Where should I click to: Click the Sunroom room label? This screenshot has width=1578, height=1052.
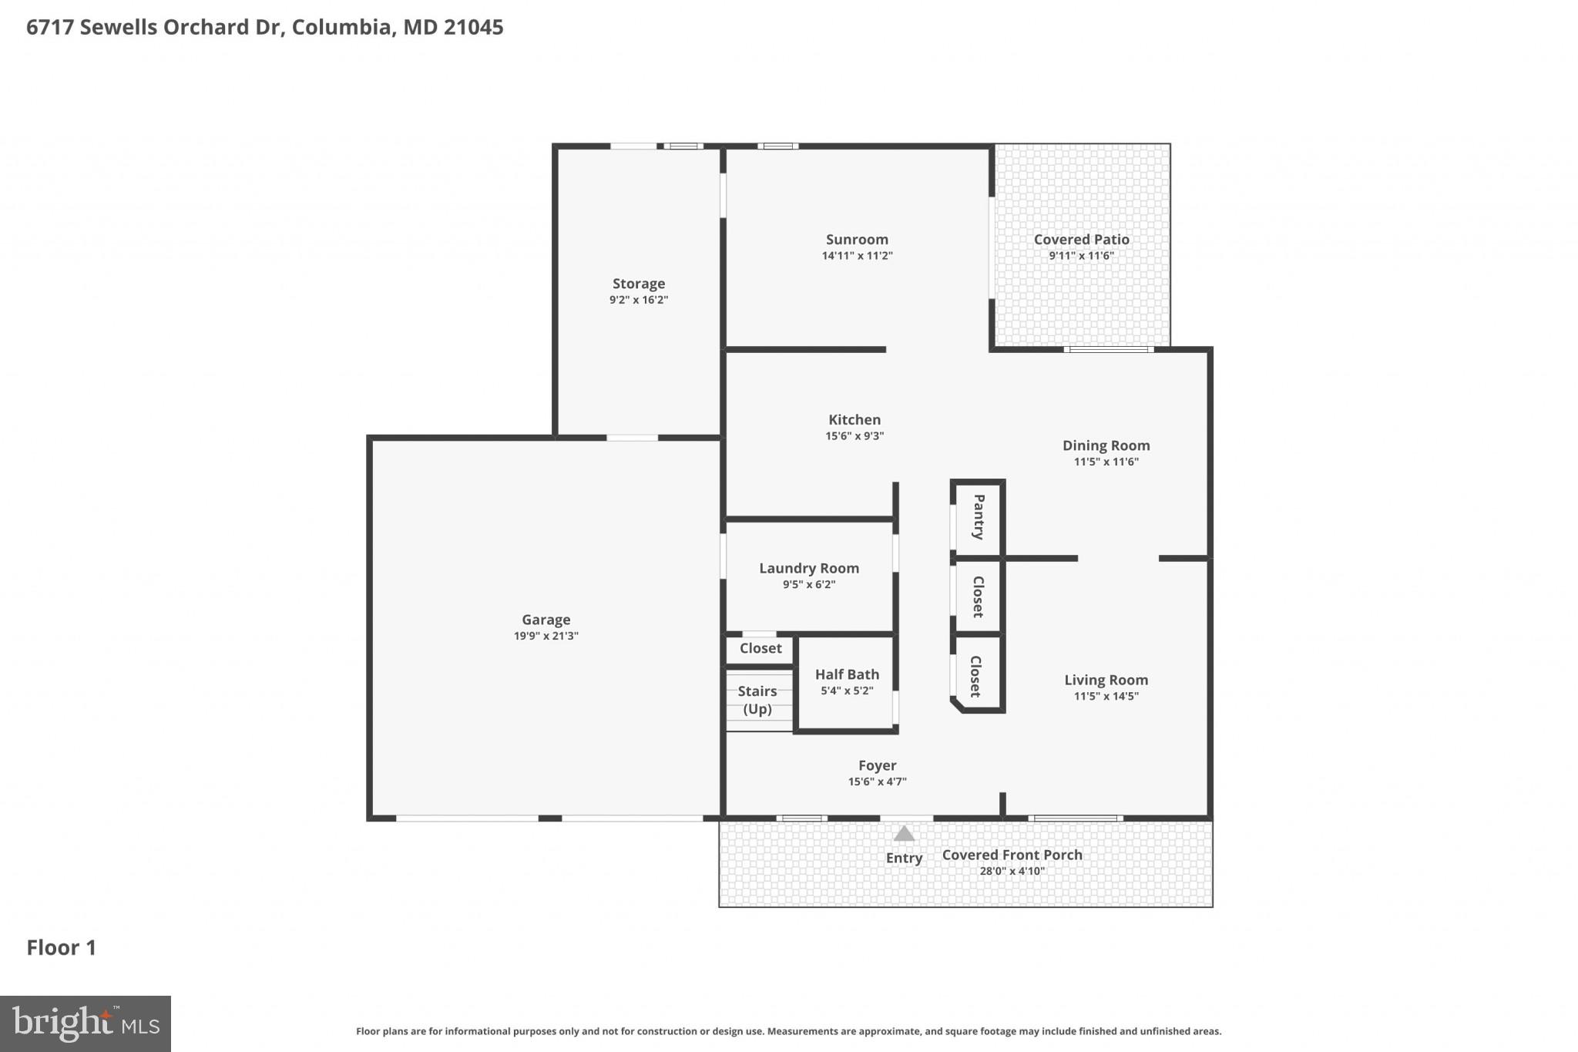[857, 240]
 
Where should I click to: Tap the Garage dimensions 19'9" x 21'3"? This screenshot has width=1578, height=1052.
[546, 636]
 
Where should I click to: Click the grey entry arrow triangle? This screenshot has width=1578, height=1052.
[904, 834]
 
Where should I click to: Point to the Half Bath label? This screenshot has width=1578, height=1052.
[847, 674]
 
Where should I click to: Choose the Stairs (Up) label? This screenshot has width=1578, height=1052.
[757, 700]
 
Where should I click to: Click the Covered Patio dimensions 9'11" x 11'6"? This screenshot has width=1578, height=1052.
[1081, 256]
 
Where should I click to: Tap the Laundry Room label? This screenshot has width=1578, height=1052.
[809, 568]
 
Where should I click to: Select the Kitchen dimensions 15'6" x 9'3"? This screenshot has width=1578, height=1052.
[854, 436]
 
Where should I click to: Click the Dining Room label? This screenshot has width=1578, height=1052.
[1106, 445]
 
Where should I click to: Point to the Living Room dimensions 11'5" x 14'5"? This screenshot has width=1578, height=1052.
[1106, 696]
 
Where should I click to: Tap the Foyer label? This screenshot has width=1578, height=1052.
[877, 765]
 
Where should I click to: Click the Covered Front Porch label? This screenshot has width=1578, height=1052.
[1012, 855]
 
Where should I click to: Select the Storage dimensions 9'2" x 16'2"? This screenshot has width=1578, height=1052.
[638, 300]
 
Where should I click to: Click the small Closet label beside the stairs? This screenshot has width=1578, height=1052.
[760, 648]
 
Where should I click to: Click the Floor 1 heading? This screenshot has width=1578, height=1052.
[62, 947]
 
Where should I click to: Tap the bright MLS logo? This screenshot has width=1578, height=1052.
[85, 1023]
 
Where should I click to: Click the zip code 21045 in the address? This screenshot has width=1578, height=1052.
[474, 28]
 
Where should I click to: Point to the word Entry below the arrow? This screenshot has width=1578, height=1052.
[904, 858]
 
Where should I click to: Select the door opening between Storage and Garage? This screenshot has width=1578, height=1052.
[632, 438]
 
